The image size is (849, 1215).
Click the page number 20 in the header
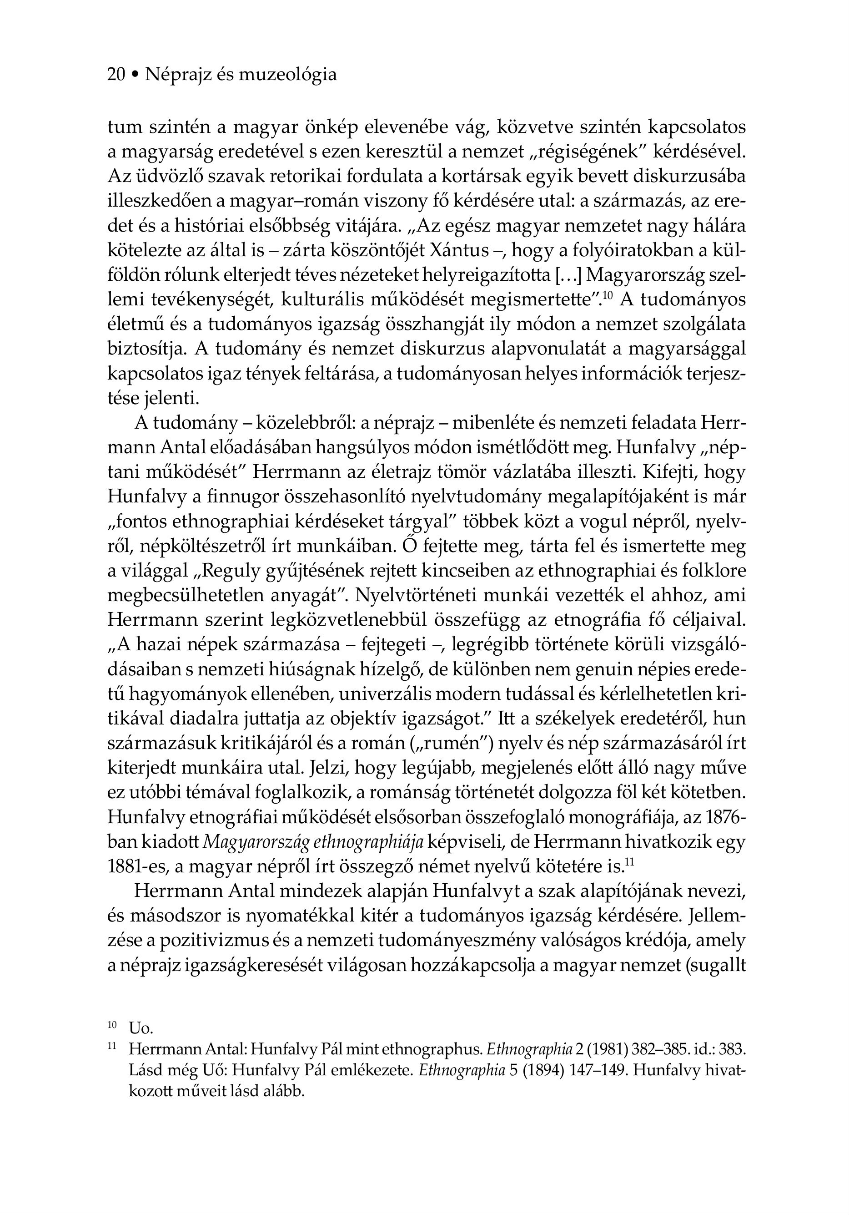pos(116,75)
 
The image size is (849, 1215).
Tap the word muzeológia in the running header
pos(288,75)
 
